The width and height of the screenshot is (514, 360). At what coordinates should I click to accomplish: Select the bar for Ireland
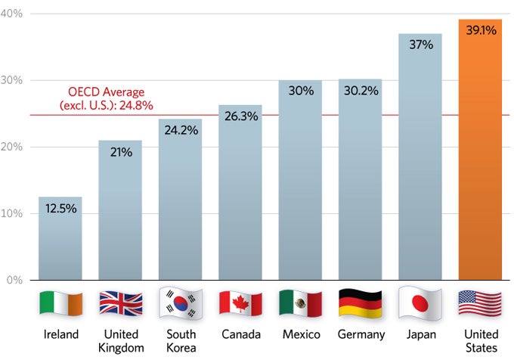click(60, 242)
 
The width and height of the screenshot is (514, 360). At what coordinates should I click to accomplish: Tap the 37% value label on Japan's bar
click(420, 45)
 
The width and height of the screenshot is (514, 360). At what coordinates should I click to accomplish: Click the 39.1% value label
click(480, 32)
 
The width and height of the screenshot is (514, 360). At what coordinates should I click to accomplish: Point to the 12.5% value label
click(60, 208)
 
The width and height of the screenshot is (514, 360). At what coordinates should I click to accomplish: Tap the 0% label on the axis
click(15, 280)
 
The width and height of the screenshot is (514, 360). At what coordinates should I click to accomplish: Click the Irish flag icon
click(60, 303)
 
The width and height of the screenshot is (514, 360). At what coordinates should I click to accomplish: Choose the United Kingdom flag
click(120, 303)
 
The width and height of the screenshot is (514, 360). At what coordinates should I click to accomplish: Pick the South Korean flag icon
click(180, 303)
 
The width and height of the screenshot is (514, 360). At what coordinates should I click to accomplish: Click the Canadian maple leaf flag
click(240, 303)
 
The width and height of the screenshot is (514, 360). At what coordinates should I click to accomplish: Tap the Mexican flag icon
click(300, 303)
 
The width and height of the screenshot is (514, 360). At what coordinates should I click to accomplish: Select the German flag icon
click(360, 303)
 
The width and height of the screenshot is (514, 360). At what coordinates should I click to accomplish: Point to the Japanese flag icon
click(420, 303)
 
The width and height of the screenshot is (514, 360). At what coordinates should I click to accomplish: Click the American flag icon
click(480, 303)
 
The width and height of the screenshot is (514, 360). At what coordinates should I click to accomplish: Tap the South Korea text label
click(180, 340)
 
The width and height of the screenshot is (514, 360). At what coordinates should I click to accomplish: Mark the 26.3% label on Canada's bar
click(240, 116)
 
